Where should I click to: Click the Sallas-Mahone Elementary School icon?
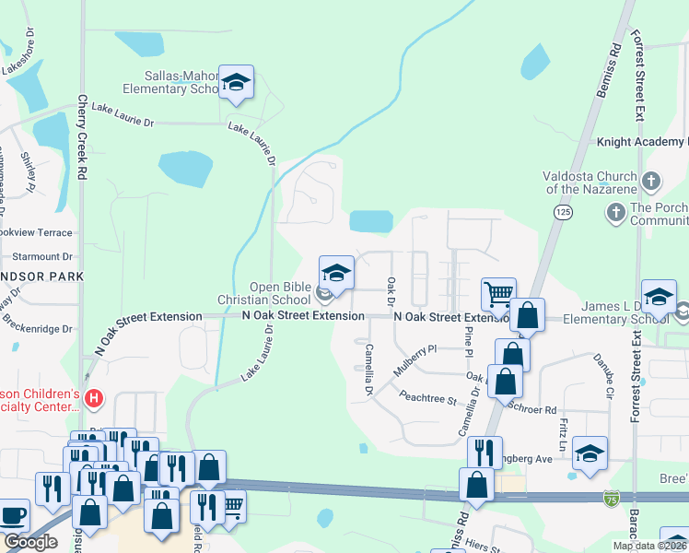click(237, 83)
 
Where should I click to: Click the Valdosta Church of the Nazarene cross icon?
click(652, 180)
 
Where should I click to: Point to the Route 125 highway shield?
click(561, 213)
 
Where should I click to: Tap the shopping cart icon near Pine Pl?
click(498, 294)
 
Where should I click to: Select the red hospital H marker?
click(93, 399)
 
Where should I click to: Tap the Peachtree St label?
click(428, 400)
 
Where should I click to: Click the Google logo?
click(30, 542)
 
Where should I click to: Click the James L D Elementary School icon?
click(659, 296)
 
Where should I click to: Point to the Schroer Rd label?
click(539, 410)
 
